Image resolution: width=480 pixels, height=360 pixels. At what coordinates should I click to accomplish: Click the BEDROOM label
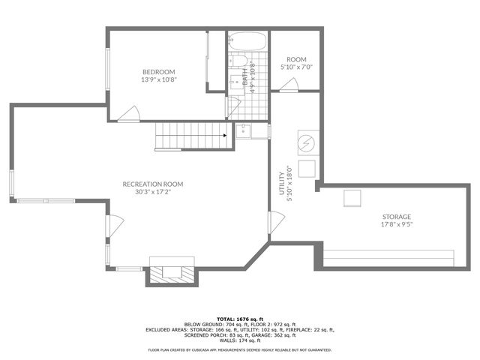pos(158,72)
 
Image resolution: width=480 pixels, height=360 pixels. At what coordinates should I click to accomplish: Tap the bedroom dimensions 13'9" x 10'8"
pos(158,79)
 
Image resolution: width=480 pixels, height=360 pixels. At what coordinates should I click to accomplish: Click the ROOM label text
pos(297,60)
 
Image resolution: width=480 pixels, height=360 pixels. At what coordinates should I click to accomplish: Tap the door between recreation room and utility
pos(276,222)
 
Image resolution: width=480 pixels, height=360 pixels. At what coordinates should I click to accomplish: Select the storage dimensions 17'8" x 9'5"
pos(397,223)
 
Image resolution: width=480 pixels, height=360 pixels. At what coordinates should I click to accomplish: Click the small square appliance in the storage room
pos(352,198)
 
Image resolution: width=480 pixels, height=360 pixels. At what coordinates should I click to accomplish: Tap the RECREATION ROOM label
pos(153,184)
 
